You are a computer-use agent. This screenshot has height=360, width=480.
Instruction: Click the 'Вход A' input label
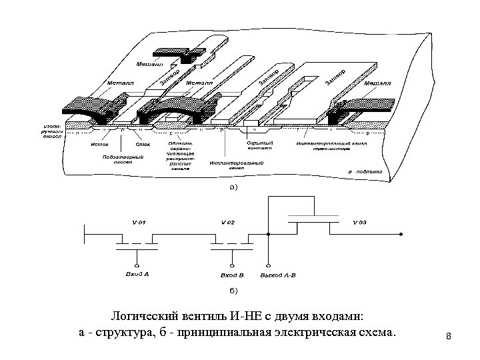click(x=137, y=274)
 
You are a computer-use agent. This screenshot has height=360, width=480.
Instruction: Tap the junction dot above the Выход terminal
click(x=267, y=234)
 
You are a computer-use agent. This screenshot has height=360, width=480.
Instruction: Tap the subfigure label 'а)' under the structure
click(x=233, y=188)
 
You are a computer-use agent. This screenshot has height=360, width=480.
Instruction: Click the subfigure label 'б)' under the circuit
click(x=233, y=290)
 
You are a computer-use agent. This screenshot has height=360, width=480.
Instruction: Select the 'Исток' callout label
click(x=100, y=143)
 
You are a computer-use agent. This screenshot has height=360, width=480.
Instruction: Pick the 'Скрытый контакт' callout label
click(x=257, y=146)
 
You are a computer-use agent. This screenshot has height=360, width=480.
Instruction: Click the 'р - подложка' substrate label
click(x=366, y=171)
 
